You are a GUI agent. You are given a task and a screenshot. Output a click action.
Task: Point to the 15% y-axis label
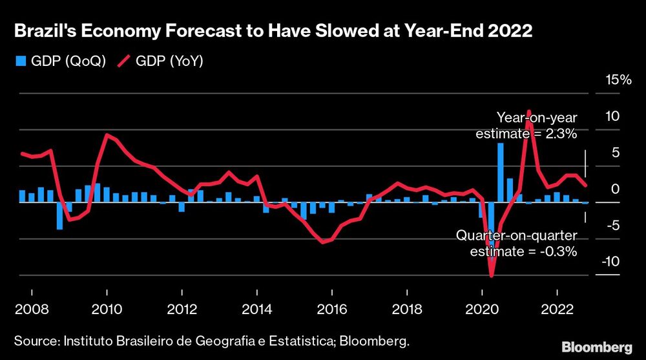pyautogui.click(x=616, y=80)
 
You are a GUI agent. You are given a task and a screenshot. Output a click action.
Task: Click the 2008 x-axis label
pyautogui.click(x=31, y=309)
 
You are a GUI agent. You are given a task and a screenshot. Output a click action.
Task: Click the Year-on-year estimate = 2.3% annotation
pyautogui.click(x=526, y=125)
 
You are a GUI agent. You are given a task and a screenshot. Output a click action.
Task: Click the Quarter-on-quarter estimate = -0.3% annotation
pyautogui.click(x=516, y=244)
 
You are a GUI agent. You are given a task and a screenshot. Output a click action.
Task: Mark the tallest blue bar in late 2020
pyautogui.click(x=500, y=172)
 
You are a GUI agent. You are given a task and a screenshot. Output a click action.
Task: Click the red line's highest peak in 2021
pyautogui.click(x=528, y=111)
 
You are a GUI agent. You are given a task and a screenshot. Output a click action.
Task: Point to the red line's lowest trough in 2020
pyautogui.click(x=491, y=276)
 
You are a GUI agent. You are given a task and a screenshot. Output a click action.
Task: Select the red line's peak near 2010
pyautogui.click(x=107, y=134)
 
